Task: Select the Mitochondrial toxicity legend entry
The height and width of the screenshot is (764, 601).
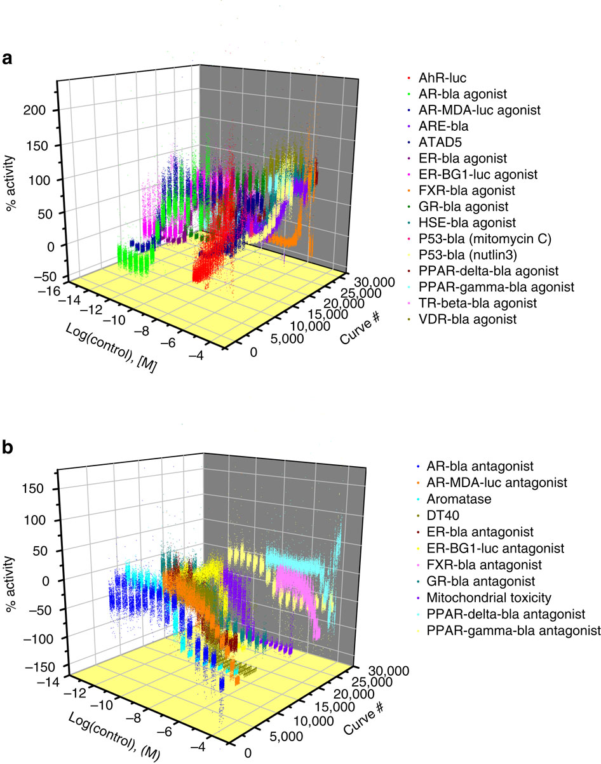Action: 471,598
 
